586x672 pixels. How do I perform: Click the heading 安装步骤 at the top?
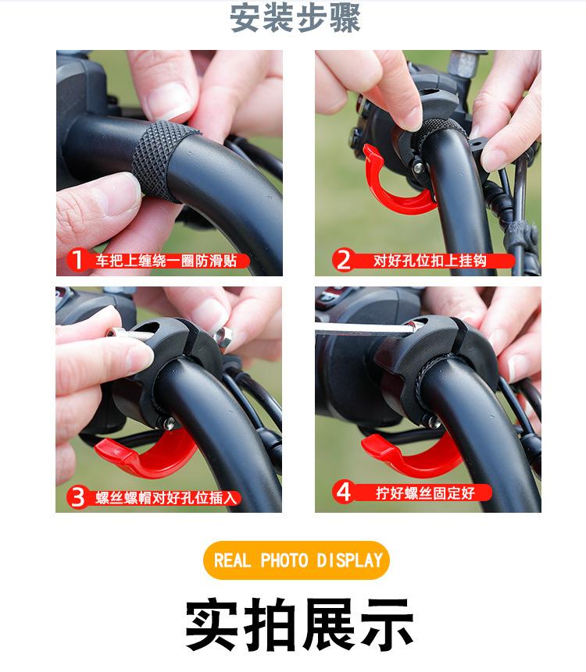pos(295,19)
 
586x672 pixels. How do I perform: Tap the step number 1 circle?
pos(77,260)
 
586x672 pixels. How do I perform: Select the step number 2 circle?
pos(343,260)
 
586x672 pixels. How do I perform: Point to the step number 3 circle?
pos(77,498)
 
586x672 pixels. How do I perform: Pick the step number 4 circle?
pos(343,492)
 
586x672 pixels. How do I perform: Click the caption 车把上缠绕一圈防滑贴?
pos(166,260)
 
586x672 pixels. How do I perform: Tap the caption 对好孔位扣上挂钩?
pos(430,260)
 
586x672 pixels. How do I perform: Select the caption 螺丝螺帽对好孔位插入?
pos(166,498)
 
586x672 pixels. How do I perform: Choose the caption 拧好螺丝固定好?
pos(425,492)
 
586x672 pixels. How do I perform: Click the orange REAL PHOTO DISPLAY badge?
pos(296,560)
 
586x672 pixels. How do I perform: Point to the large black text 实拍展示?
pos(299,624)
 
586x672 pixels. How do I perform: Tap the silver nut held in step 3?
pos(223,334)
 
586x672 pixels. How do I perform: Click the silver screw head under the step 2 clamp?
pos(418,168)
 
